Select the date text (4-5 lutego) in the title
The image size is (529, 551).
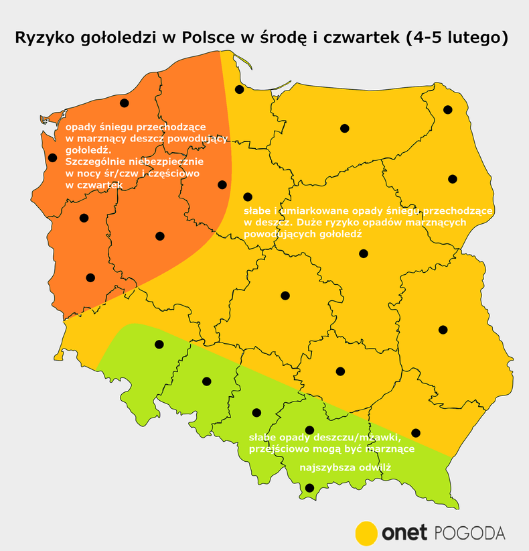click(x=455, y=38)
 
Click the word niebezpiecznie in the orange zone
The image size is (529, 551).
click(x=173, y=162)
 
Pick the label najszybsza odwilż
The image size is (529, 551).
click(x=345, y=467)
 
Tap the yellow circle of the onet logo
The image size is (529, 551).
click(x=366, y=533)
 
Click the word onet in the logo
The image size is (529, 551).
click(x=404, y=533)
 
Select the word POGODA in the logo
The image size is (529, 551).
click(x=469, y=533)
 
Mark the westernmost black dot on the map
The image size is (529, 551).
click(x=52, y=158)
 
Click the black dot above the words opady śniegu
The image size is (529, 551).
click(x=124, y=103)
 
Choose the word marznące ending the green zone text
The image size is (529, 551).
click(x=391, y=449)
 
